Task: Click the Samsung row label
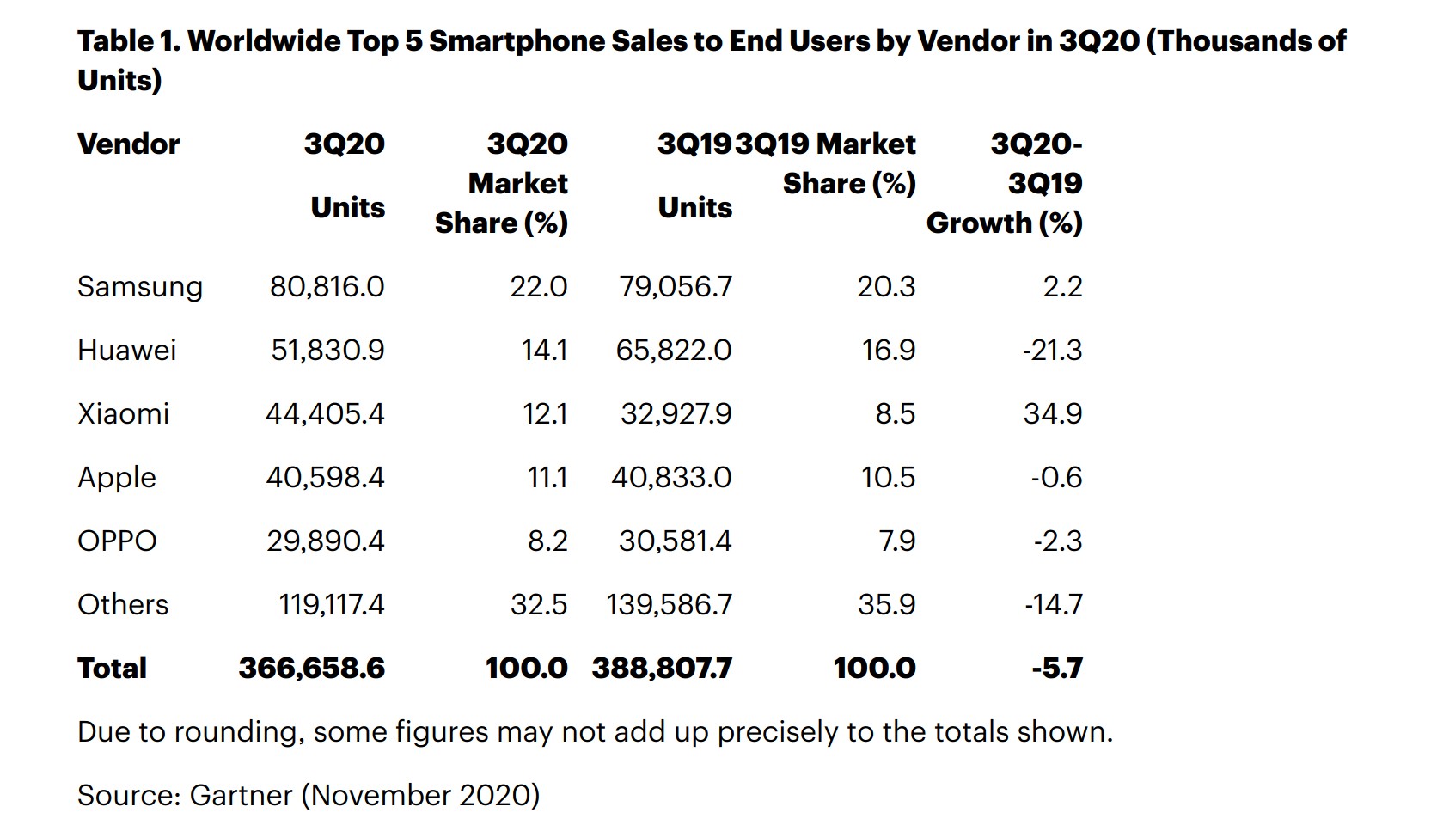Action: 139,287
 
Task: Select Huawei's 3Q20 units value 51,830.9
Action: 327,351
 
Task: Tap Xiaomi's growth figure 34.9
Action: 1053,414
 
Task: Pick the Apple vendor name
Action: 117,478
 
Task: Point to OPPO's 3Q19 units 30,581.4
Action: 675,541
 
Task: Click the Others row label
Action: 123,605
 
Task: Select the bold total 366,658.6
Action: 312,669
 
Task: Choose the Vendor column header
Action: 128,144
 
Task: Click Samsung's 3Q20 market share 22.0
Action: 539,287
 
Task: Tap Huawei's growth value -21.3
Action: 1052,351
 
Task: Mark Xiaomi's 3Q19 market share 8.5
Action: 895,414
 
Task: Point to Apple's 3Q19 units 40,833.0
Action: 671,478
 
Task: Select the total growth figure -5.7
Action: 1057,669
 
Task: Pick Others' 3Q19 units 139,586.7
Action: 669,605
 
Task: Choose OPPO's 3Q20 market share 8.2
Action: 547,541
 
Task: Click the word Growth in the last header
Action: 978,223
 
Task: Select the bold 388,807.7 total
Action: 662,669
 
